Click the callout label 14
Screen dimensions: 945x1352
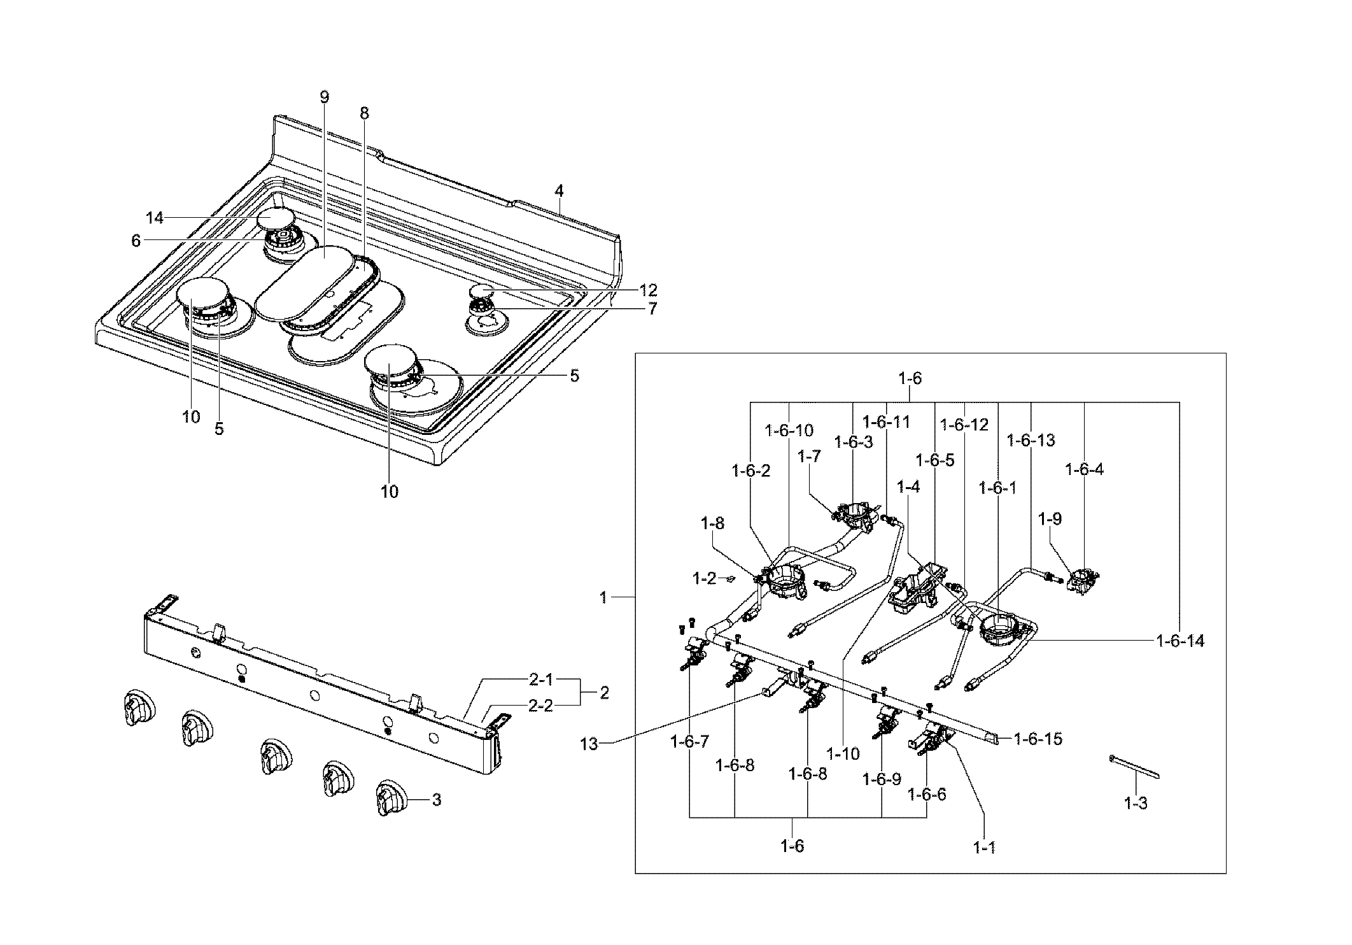coord(155,218)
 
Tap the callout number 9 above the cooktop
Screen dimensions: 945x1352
coord(325,97)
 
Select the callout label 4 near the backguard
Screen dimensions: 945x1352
coord(559,190)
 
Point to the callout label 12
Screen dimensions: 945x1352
coord(648,290)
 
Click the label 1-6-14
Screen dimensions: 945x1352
coord(1180,641)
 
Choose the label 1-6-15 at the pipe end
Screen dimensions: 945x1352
coord(1038,739)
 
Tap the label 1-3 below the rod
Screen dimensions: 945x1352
coord(1135,804)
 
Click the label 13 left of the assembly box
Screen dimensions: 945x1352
coord(589,744)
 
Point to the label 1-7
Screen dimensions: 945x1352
coord(809,457)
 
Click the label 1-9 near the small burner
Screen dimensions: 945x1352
coord(1050,519)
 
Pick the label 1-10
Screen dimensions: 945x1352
coord(843,754)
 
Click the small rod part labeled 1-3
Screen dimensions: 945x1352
coord(1134,767)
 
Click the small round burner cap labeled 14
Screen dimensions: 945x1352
coord(276,220)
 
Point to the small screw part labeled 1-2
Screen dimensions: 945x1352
coord(731,579)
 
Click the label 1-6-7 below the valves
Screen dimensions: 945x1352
coord(691,741)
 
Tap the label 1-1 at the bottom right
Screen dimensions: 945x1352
coord(984,848)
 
